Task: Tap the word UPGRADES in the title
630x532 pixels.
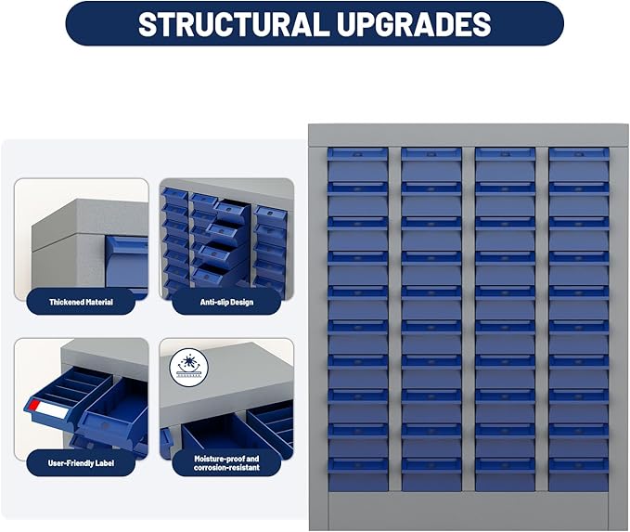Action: (414, 24)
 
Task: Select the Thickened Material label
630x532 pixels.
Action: (81, 302)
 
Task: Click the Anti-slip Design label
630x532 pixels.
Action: (226, 302)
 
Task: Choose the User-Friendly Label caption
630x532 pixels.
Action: (81, 463)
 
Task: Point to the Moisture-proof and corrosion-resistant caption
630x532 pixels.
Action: (226, 463)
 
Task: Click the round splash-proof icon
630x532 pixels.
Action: (189, 368)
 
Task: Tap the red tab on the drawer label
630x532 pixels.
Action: (33, 406)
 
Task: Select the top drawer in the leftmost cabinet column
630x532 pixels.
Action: (357, 164)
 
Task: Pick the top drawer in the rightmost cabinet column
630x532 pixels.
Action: (579, 164)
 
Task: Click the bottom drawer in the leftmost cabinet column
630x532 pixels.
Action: (357, 474)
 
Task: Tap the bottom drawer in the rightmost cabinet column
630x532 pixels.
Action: (579, 474)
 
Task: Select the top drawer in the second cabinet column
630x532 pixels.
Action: (431, 164)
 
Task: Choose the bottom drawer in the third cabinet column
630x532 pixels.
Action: (505, 474)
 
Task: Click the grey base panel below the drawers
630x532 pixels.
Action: (468, 510)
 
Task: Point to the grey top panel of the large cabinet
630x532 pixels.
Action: (468, 136)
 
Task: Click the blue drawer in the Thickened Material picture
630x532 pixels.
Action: (126, 264)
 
